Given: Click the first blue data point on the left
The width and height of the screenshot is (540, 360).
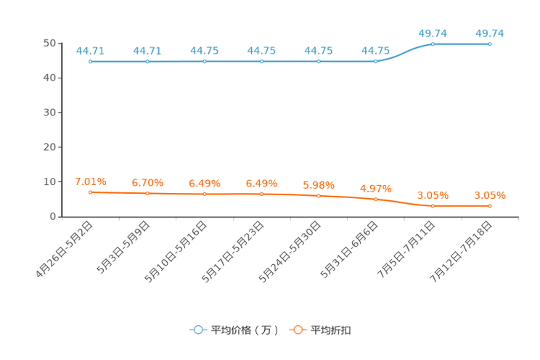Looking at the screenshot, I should point(90,62).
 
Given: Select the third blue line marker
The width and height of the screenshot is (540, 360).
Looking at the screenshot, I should point(204,62).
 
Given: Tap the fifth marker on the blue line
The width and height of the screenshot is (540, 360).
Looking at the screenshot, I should point(319,62).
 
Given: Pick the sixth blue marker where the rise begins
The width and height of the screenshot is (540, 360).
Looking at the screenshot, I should point(376,62).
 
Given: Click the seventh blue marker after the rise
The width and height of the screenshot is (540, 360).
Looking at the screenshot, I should point(433,44).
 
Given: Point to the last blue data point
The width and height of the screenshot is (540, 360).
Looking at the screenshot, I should point(490,44).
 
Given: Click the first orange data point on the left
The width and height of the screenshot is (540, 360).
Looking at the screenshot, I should point(90,192).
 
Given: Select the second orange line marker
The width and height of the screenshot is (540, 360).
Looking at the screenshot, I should point(147,194).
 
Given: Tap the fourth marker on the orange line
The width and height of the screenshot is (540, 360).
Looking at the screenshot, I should point(261,195).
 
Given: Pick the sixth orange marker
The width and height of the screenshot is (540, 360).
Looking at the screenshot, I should point(376,199).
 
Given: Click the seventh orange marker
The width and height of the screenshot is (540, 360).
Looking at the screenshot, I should point(433,206).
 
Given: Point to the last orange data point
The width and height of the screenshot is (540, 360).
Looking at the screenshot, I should point(490,206).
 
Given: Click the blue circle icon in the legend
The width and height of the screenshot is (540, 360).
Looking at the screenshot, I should point(197,330).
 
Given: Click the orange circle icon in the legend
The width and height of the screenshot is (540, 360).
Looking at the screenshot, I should point(298,330).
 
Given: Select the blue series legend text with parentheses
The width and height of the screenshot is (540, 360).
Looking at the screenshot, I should point(245,330).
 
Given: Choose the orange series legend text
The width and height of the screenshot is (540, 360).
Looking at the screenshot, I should point(332,330).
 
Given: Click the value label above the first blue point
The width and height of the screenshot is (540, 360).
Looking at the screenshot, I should point(90,51).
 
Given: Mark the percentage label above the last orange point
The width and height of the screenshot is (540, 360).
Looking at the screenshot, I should point(490,195).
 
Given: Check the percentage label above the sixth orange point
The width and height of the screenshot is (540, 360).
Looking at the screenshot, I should point(376,189).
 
